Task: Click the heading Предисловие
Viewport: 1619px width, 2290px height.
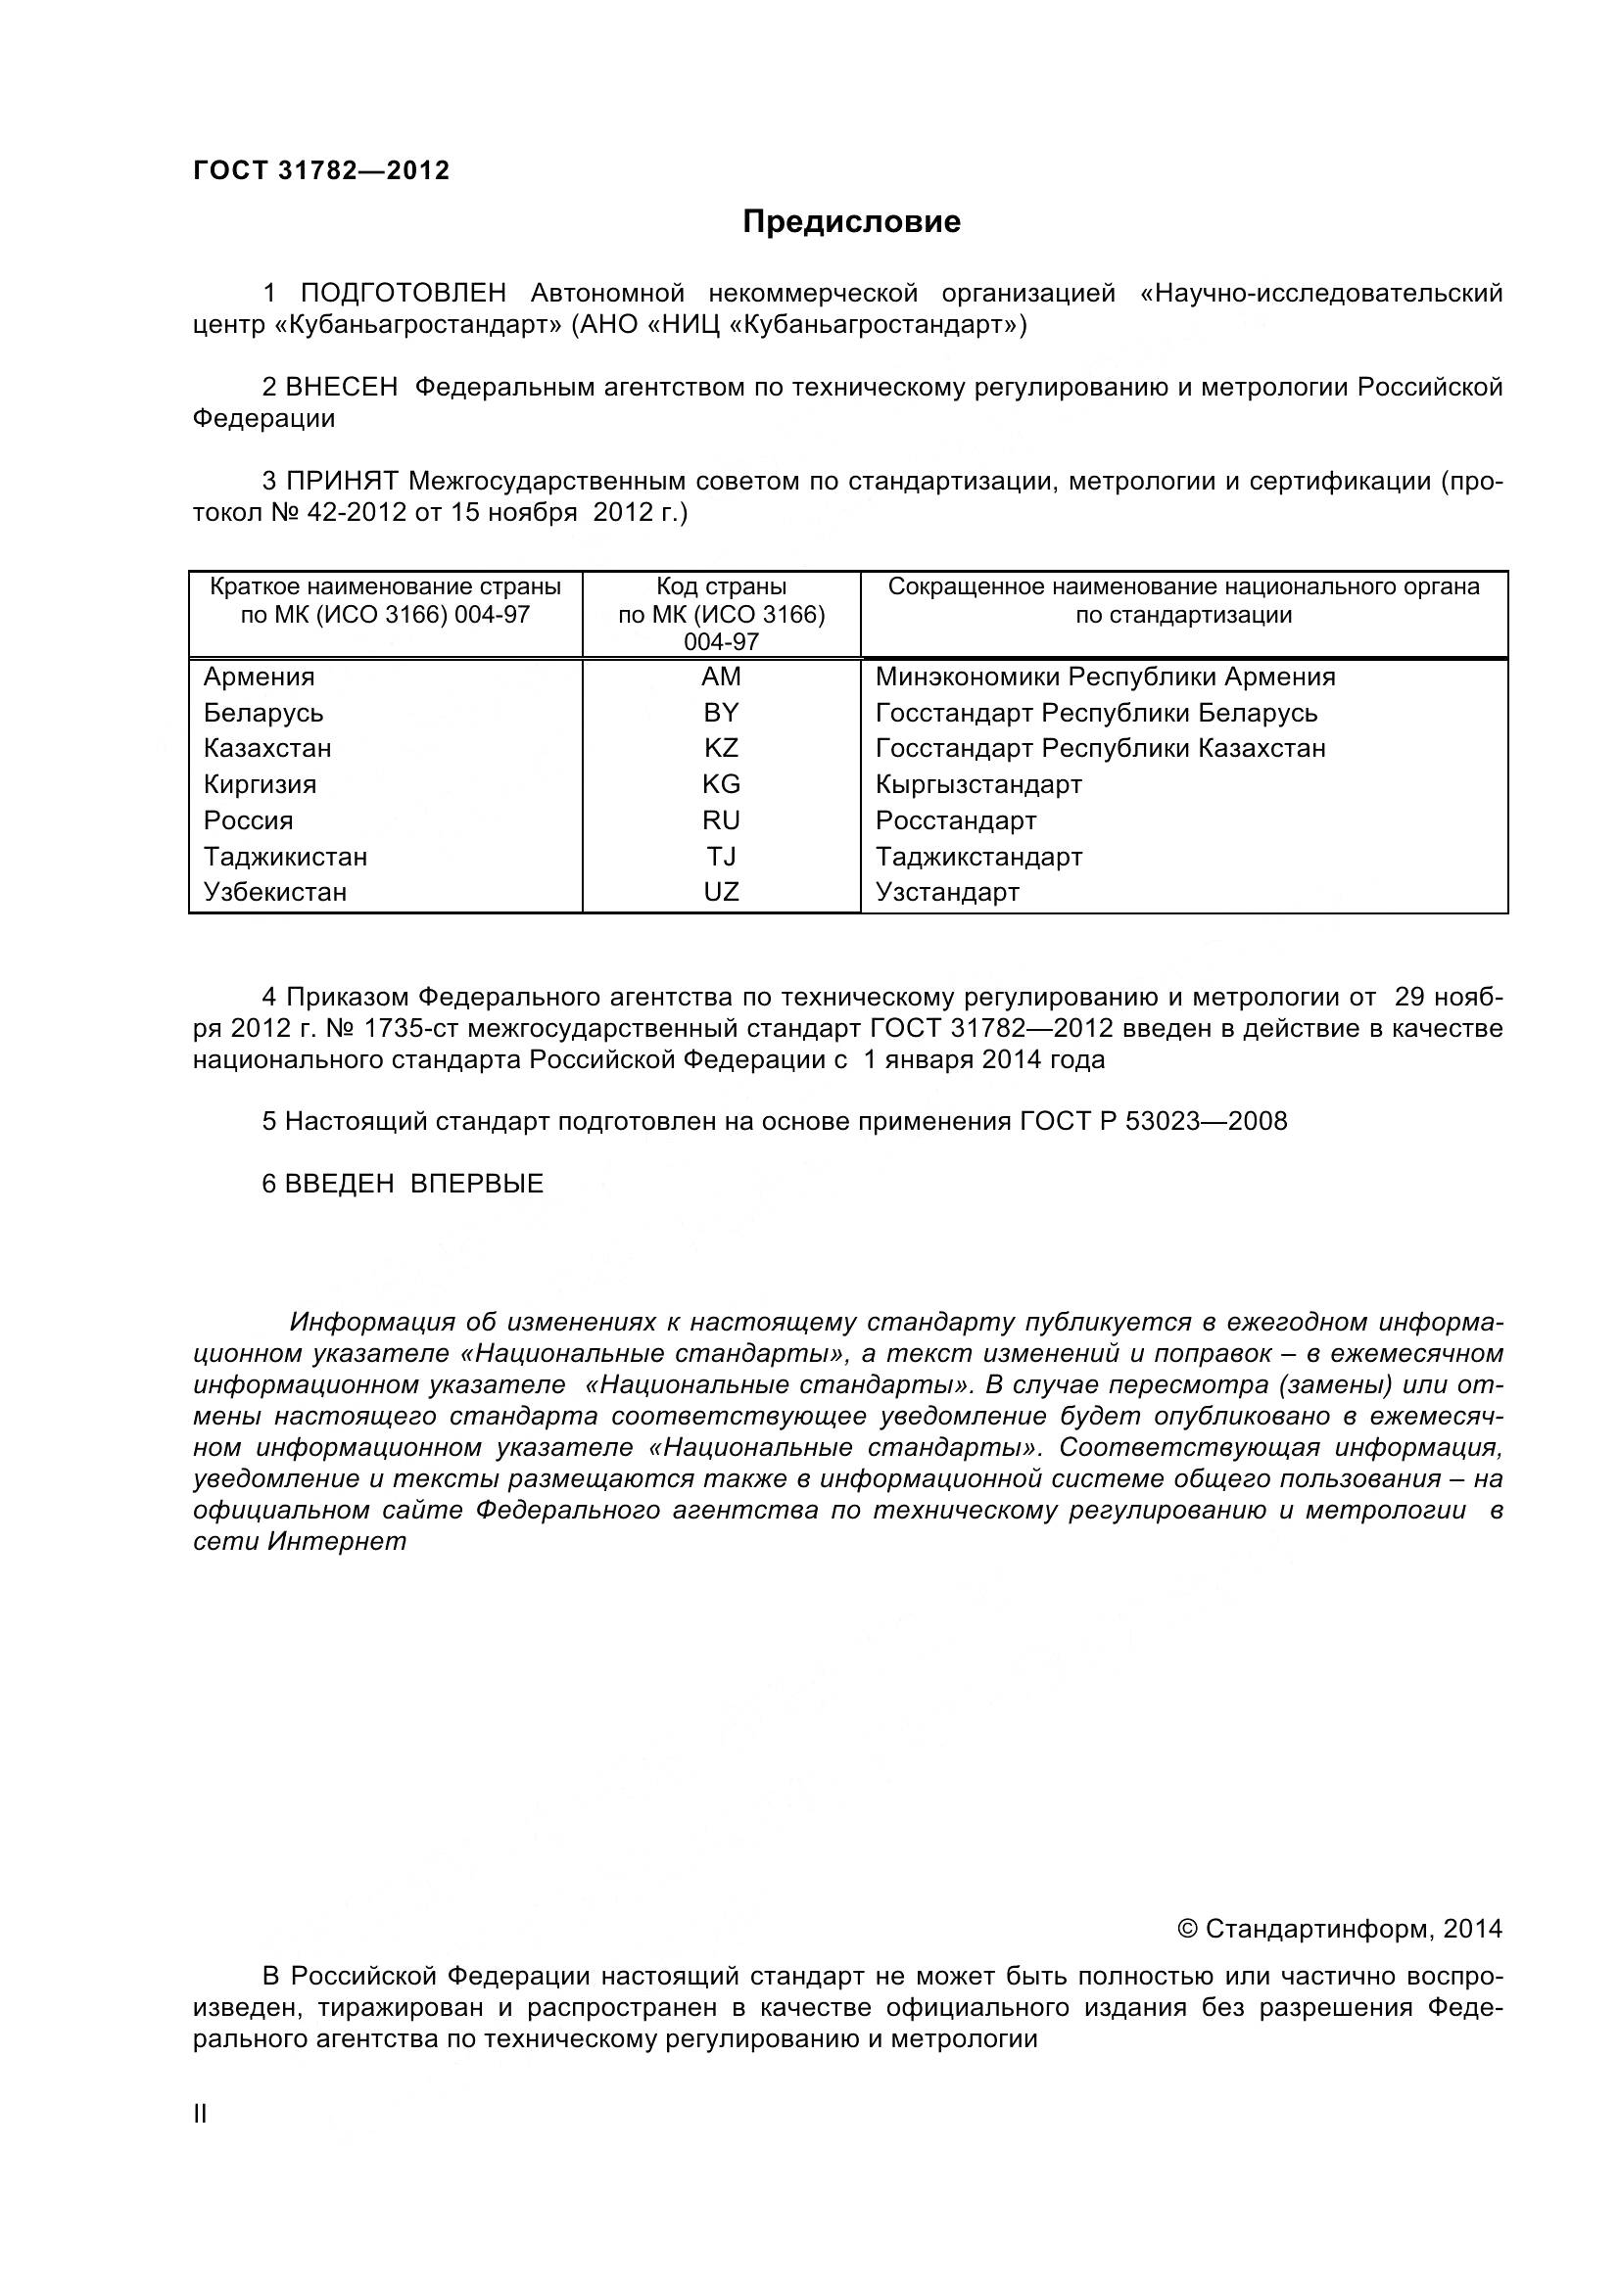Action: (851, 221)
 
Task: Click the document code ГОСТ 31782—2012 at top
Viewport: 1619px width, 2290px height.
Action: (321, 170)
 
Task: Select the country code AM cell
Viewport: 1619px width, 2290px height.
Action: (720, 678)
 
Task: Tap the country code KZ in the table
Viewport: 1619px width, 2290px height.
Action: (720, 748)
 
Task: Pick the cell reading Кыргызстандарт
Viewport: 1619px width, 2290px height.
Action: (977, 785)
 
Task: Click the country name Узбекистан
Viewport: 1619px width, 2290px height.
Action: (274, 892)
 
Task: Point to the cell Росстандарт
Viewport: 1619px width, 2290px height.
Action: (956, 820)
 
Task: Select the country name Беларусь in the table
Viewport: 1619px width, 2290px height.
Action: (263, 713)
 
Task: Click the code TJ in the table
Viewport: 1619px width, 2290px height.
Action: (720, 857)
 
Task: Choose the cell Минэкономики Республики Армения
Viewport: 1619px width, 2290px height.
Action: (1104, 678)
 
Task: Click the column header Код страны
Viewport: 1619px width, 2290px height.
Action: (720, 587)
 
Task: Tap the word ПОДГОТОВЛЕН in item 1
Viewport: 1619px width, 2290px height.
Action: (403, 294)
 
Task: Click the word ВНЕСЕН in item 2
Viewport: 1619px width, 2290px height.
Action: (341, 387)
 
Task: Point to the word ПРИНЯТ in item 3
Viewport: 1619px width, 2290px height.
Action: (342, 481)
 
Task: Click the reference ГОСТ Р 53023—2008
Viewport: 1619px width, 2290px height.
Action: (1153, 1121)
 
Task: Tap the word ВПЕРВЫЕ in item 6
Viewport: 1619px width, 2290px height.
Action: (477, 1184)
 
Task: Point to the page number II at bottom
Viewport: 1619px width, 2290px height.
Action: (200, 2114)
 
